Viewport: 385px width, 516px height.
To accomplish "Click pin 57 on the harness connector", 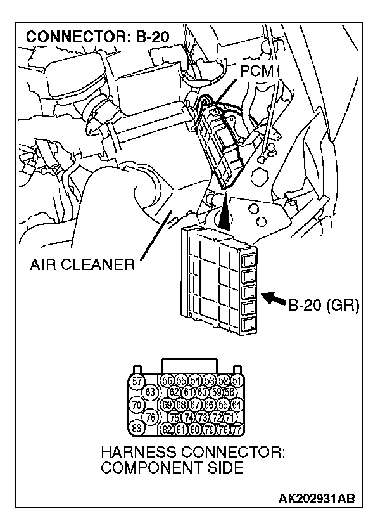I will tap(136, 380).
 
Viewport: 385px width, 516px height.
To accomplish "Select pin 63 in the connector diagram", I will tap(150, 392).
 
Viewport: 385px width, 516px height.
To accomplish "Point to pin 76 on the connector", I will tap(150, 416).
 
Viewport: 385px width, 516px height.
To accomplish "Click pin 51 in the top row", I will tap(236, 380).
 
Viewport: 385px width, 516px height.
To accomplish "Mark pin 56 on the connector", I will tap(168, 380).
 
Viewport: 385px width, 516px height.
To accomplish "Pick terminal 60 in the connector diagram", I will tap(202, 392).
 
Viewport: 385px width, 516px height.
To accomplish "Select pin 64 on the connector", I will tap(236, 404).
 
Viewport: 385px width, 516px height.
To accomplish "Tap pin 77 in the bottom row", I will tap(236, 429).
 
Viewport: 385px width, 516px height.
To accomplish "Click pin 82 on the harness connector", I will tap(168, 429).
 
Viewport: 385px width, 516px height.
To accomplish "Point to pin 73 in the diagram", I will tap(202, 416).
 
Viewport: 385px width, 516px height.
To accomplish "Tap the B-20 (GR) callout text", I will tap(324, 307).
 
